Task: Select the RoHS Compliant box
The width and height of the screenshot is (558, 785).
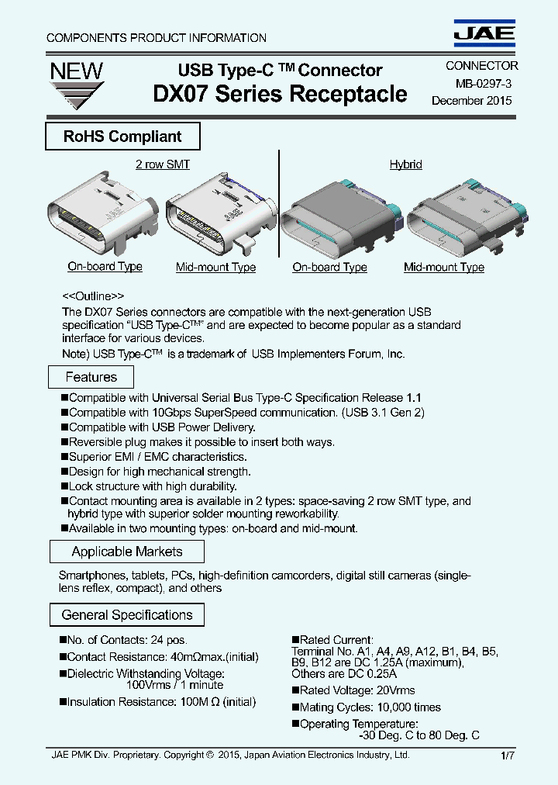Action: click(x=122, y=137)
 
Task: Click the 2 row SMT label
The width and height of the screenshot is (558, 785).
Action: click(x=162, y=164)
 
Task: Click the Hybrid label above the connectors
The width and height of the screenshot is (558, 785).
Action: click(x=405, y=164)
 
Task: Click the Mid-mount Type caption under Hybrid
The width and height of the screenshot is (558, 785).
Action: click(x=443, y=268)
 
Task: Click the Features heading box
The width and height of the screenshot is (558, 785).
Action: click(x=91, y=378)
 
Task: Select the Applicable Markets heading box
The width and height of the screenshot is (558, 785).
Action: click(x=127, y=552)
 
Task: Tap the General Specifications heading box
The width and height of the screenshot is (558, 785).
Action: click(x=127, y=615)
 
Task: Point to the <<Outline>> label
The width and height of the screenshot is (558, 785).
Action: click(x=92, y=296)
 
